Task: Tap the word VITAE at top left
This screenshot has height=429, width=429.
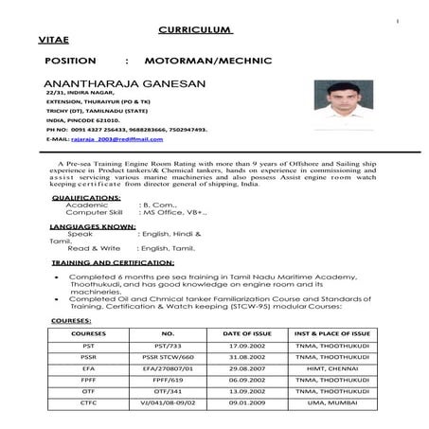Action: point(55,43)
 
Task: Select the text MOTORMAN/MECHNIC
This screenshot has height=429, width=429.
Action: point(217,61)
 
